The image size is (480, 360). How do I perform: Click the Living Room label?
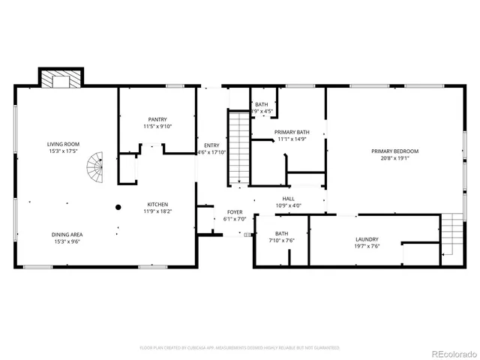64,144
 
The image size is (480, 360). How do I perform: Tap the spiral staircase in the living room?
95,169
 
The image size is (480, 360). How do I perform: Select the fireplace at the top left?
61,77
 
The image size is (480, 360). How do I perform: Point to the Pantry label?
157,119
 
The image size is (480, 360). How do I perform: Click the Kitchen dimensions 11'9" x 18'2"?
157,211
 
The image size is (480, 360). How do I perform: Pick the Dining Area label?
67,235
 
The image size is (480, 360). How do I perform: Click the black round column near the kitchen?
118,207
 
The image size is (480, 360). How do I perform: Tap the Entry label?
211,145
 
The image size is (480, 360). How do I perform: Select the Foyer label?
234,212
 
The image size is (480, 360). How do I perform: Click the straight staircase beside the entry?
238,147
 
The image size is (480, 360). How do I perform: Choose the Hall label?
288,199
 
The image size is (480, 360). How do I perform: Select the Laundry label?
367,239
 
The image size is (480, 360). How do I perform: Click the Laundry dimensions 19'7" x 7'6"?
367,246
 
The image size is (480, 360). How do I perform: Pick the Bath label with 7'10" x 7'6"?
282,233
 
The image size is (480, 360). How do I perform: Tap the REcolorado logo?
450,349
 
